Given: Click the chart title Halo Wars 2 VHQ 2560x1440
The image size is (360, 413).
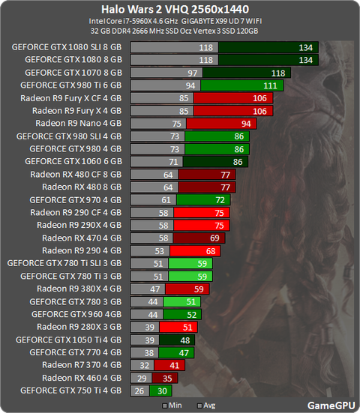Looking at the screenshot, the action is [175, 10].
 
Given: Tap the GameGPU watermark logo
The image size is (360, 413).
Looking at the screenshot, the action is [331, 406].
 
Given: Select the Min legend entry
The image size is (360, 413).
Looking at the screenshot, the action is [172, 406].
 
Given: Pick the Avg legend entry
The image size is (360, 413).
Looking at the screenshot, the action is [206, 406].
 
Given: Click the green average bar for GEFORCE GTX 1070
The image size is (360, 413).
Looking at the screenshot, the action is [247, 73].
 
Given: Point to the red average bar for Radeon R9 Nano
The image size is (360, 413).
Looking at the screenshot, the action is [221, 124].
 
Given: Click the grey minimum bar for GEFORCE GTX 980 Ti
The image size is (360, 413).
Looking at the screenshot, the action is [166, 85].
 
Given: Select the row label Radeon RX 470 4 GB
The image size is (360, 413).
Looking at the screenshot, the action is [82, 238].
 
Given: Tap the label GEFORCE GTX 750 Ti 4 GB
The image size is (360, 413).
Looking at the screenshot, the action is [71, 391].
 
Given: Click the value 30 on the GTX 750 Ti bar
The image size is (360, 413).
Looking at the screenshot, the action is [162, 391].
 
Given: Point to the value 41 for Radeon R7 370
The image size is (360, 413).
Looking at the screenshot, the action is [175, 366].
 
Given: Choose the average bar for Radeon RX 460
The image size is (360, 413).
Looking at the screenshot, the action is [165, 379].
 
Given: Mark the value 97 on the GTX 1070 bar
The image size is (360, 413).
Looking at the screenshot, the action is [193, 73].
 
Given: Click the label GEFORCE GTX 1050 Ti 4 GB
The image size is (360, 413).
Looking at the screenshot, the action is [68, 340].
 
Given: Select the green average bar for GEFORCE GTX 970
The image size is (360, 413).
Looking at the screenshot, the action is [203, 200].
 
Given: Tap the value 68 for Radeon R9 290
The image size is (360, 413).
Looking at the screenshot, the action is [211, 251].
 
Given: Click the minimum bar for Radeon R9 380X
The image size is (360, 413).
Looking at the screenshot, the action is [148, 289].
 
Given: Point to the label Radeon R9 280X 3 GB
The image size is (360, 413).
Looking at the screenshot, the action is [79, 327].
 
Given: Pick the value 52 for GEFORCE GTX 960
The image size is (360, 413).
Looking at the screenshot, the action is [191, 315].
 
